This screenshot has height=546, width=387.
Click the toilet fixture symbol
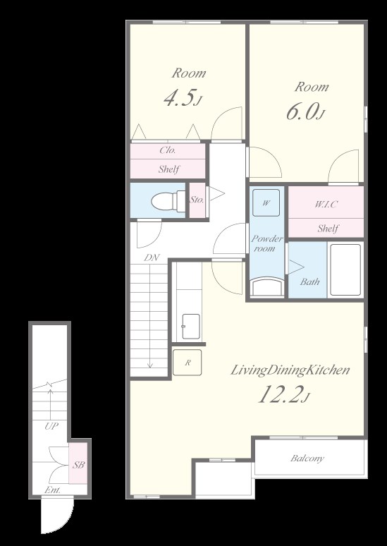point(168,201)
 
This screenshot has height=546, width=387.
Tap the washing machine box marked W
point(266,202)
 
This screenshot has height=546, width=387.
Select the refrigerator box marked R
point(188,363)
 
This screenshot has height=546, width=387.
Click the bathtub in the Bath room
point(345,270)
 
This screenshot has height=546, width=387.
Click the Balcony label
point(307,458)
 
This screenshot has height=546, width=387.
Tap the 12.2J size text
point(283,395)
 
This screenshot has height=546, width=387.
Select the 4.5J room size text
point(183,98)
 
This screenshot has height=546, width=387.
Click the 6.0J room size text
point(305,112)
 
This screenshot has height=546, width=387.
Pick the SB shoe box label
point(78,464)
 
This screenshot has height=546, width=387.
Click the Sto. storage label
point(197,200)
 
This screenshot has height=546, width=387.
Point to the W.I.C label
point(326,205)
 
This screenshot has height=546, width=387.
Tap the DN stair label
point(152,257)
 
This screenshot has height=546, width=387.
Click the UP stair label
point(51,426)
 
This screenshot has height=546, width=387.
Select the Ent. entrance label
point(53,490)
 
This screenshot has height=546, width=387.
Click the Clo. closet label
point(168,150)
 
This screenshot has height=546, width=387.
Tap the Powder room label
point(267,243)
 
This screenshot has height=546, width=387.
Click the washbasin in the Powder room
point(267,287)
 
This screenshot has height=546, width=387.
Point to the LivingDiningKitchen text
point(290,370)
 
